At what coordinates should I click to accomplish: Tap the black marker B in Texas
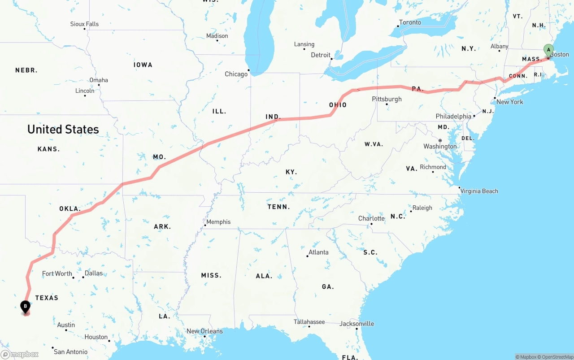pos(26,307)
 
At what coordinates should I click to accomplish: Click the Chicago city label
pos(236,74)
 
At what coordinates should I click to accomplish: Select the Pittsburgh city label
pos(387,99)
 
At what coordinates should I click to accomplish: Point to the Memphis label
pos(218,222)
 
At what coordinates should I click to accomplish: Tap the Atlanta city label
pos(318,252)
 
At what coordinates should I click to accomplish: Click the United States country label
pos(63,130)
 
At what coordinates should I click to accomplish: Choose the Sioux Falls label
pos(84,24)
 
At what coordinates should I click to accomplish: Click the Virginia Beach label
pos(479,191)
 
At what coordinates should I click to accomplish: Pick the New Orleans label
pos(204,331)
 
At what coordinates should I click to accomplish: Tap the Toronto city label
pos(410,22)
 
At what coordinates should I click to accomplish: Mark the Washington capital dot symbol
pos(440,140)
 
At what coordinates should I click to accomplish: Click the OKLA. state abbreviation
pos(70,209)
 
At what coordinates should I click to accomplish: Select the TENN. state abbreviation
pos(279,207)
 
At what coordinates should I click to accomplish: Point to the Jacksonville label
pos(357,324)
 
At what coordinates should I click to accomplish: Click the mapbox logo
pos(20,354)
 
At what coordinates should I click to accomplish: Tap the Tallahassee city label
pos(309,322)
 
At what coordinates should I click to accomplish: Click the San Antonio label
pos(70,352)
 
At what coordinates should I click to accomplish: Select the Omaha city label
pos(99,80)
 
